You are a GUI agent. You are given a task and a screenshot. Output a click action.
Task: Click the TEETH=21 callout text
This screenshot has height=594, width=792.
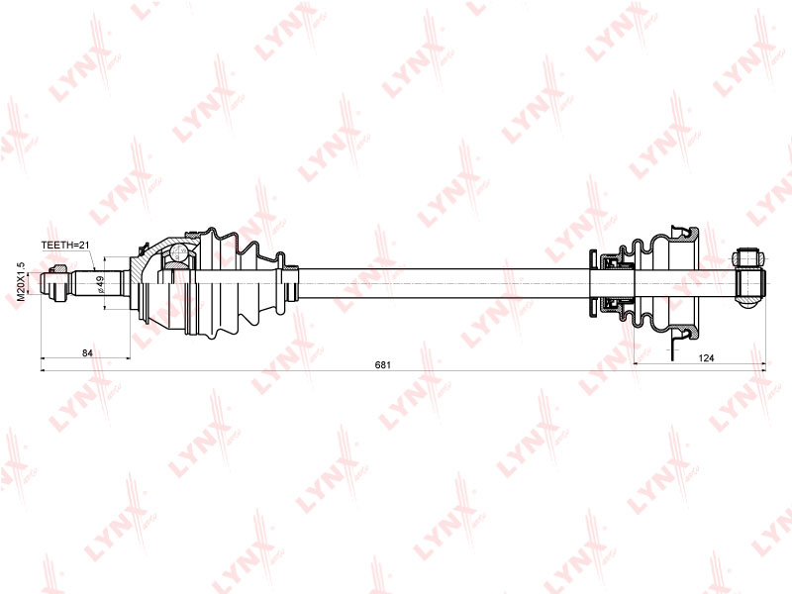pyautogui.click(x=65, y=244)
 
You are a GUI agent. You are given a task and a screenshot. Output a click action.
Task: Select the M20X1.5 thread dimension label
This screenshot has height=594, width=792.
pyautogui.click(x=21, y=282)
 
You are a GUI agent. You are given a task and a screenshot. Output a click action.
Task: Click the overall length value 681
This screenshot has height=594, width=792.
pyautogui.click(x=383, y=365)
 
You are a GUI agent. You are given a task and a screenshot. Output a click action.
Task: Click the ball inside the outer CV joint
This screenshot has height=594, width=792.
pyautogui.click(x=177, y=255)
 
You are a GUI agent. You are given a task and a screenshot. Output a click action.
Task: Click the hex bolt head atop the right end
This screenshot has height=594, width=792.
pyautogui.click(x=747, y=260)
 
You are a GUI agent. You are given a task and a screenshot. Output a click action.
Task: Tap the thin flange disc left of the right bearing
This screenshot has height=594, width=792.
pyautogui.click(x=592, y=285)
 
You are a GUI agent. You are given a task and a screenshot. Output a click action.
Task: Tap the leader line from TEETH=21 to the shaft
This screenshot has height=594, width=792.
pyautogui.click(x=90, y=259)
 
